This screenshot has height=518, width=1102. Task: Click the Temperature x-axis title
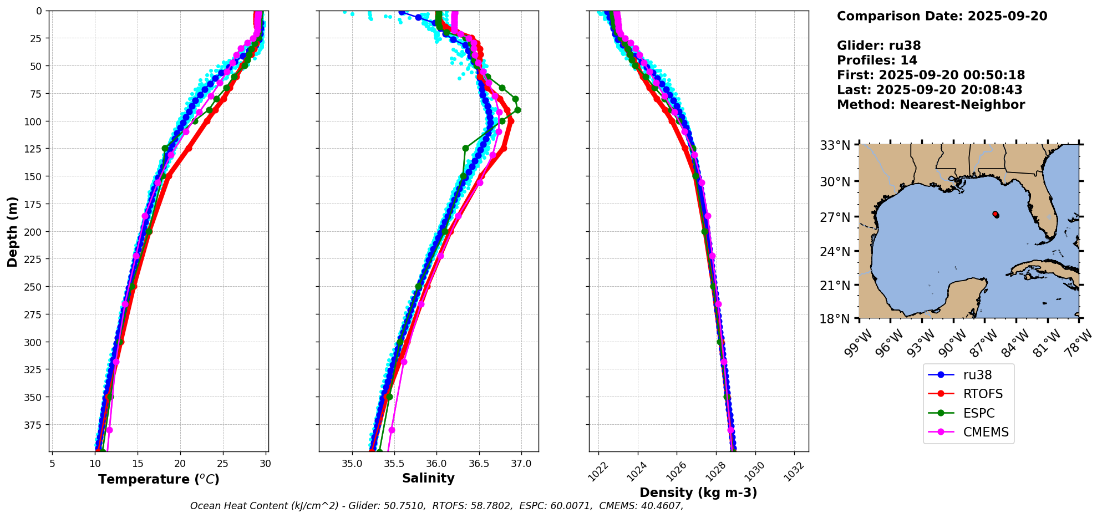click(x=159, y=479)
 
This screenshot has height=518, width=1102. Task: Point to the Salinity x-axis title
click(x=428, y=479)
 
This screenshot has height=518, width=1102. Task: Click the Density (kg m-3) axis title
click(x=698, y=492)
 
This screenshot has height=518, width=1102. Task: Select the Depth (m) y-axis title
click(x=12, y=231)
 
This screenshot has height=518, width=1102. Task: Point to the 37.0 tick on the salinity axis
click(x=521, y=464)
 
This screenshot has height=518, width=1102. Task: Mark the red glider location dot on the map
click(x=996, y=214)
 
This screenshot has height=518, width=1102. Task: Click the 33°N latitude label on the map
click(x=835, y=146)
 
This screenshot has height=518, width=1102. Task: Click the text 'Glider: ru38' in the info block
click(x=878, y=46)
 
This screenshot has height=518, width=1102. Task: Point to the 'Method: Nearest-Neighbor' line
click(x=931, y=105)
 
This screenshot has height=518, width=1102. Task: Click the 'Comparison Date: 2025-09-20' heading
click(x=942, y=17)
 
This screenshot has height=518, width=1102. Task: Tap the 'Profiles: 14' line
click(x=877, y=60)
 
